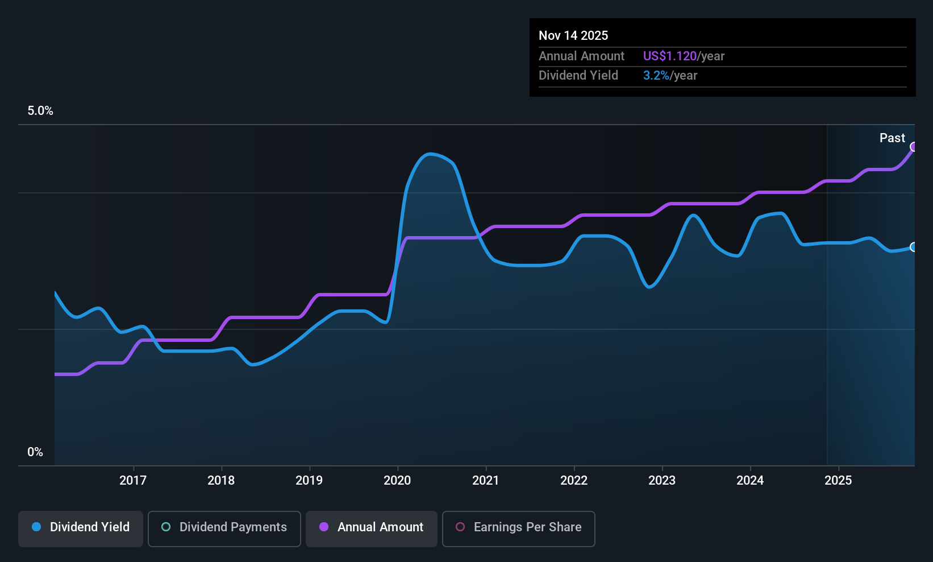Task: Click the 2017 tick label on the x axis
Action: click(x=133, y=480)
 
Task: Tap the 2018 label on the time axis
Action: click(x=221, y=480)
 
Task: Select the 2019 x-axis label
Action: click(x=309, y=480)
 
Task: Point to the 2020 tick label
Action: click(x=397, y=480)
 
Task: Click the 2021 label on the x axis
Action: click(x=486, y=480)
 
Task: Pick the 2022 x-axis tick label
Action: click(x=574, y=480)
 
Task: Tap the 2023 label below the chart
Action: click(x=662, y=480)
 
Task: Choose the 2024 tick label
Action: click(x=750, y=480)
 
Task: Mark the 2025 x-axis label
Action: click(x=839, y=480)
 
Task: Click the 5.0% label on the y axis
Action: click(x=40, y=111)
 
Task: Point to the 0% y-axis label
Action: click(x=35, y=452)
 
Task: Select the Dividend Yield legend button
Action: click(x=80, y=528)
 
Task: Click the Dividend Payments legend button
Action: click(x=224, y=528)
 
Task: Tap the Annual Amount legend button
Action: click(x=372, y=528)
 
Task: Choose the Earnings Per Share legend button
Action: click(x=519, y=528)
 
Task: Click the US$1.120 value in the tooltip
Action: click(x=670, y=56)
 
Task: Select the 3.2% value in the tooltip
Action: click(x=656, y=76)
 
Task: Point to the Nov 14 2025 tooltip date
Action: click(x=573, y=36)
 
